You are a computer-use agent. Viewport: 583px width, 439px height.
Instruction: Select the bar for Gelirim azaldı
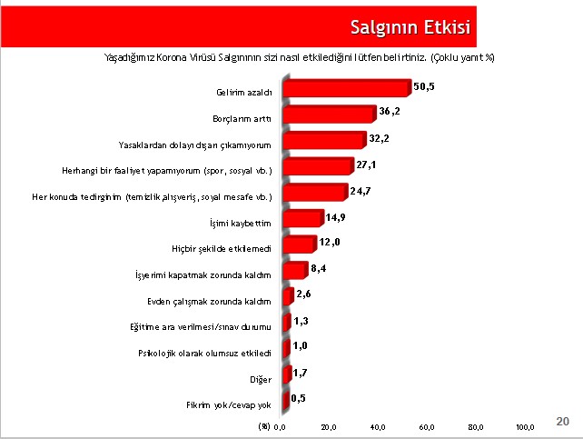pyautogui.click(x=347, y=88)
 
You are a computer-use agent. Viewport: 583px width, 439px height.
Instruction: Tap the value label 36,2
pyautogui.click(x=390, y=111)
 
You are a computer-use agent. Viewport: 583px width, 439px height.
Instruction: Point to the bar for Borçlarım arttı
pyautogui.click(x=329, y=115)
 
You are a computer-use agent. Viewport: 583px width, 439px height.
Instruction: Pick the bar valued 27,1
pyautogui.click(x=318, y=166)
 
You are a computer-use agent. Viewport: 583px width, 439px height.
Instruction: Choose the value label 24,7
pyautogui.click(x=362, y=189)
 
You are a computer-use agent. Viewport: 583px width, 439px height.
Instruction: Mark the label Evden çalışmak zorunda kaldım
pyautogui.click(x=222, y=299)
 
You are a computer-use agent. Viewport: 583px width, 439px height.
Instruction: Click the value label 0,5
pyautogui.click(x=301, y=398)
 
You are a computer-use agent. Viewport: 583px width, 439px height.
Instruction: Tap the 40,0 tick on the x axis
pyautogui.click(x=378, y=426)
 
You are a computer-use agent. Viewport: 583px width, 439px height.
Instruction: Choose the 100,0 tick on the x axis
pyautogui.click(x=525, y=426)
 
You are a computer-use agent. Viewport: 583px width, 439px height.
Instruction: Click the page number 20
pyautogui.click(x=562, y=421)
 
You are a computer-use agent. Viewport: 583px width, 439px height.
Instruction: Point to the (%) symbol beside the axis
pyautogui.click(x=264, y=425)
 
